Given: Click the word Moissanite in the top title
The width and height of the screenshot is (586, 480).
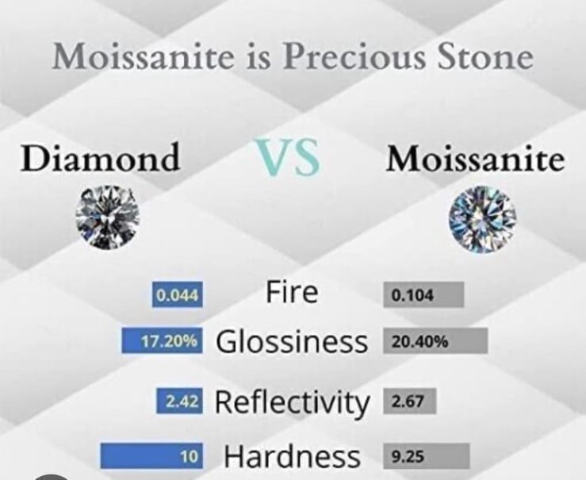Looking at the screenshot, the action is [x=142, y=56].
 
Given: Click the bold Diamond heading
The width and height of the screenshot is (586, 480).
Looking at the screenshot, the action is [x=100, y=157].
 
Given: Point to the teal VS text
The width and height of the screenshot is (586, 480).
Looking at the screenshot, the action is [x=287, y=157].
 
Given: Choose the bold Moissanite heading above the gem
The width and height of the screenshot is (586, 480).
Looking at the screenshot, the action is [x=475, y=158].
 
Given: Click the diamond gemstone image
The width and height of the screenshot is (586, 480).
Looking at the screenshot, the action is [x=107, y=217].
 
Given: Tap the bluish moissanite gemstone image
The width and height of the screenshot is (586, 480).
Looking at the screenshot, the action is [x=482, y=219].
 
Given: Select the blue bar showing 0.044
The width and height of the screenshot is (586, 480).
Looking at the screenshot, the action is [x=178, y=295].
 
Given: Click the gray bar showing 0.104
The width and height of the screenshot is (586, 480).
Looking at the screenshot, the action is [x=423, y=295].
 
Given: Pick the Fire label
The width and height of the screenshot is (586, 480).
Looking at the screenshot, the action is [x=292, y=292].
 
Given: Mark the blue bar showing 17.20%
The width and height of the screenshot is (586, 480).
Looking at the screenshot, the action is [x=163, y=340].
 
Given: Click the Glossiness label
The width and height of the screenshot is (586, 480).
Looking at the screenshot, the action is [x=292, y=341].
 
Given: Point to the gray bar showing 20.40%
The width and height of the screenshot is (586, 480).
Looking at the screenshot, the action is [x=435, y=341].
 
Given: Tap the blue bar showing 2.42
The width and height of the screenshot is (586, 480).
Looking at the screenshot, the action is [x=180, y=401].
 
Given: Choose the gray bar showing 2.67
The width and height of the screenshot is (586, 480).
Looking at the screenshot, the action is [x=410, y=401].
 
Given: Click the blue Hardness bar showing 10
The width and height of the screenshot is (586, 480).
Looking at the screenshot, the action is [x=151, y=456].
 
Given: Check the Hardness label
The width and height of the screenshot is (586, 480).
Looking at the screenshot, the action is [x=293, y=455].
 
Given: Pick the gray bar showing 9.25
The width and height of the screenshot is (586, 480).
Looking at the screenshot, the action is [x=427, y=456].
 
